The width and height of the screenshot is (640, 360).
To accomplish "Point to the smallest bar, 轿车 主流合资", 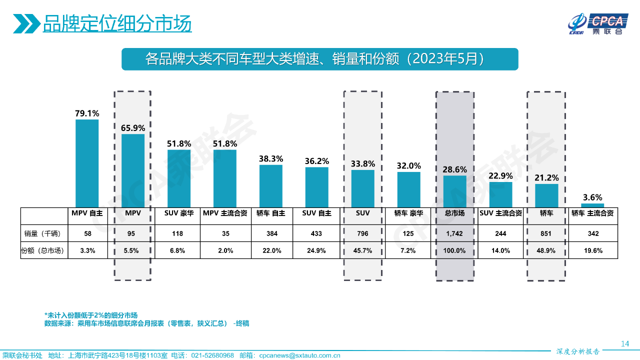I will pyautogui.click(x=592, y=205).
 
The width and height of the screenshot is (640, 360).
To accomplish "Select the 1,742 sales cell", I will pyautogui.click(x=454, y=233).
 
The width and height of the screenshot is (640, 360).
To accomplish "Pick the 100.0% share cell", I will pyautogui.click(x=454, y=250).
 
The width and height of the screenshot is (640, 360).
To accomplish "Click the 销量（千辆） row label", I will pyautogui.click(x=43, y=233).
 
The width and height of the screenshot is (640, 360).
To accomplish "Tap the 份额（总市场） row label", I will pyautogui.click(x=43, y=250).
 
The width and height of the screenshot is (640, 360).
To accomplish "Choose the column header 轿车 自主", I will pyautogui.click(x=271, y=213).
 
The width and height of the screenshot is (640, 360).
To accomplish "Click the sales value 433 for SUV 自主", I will pyautogui.click(x=317, y=233).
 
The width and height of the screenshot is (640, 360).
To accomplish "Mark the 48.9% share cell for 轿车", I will pyautogui.click(x=546, y=250).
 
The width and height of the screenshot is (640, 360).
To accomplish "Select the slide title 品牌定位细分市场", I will pyautogui.click(x=117, y=23).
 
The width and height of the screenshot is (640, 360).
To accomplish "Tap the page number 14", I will pyautogui.click(x=624, y=343).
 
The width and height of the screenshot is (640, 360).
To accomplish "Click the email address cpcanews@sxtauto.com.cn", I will pyautogui.click(x=299, y=355).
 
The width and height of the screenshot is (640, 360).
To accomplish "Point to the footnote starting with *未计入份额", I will pyautogui.click(x=91, y=315).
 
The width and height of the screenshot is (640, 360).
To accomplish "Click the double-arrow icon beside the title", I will pyautogui.click(x=26, y=23).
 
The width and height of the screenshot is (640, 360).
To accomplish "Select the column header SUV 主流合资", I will pyautogui.click(x=500, y=213).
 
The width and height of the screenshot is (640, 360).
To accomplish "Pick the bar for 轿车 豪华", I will pyautogui.click(x=409, y=189).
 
